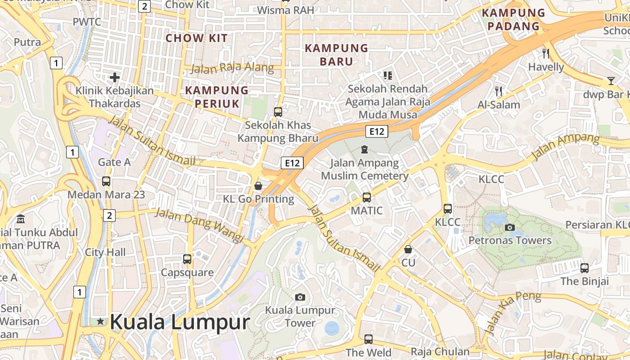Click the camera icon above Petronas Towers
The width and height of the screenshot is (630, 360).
[x=509, y=227]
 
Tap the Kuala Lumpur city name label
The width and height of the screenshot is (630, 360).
[x=180, y=322]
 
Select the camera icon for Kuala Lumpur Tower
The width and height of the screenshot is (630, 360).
[x=300, y=297]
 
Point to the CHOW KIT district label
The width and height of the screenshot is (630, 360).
[x=197, y=38]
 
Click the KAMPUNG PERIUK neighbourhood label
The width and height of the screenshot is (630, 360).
[x=217, y=97]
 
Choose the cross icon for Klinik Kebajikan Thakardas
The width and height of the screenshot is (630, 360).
[x=115, y=77]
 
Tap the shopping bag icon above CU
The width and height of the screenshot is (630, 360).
[x=408, y=249]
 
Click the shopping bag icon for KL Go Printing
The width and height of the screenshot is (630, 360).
[x=258, y=185]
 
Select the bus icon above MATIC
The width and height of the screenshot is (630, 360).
[x=367, y=197]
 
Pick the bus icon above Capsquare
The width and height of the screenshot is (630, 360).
[x=187, y=259]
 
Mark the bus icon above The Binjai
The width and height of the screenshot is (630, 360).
[x=585, y=268]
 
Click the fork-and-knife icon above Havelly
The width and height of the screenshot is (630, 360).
[x=546, y=54]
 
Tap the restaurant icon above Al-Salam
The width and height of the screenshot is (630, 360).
[x=499, y=91]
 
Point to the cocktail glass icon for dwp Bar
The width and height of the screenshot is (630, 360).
[x=611, y=81]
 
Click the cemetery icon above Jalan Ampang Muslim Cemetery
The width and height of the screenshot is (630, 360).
[x=364, y=149]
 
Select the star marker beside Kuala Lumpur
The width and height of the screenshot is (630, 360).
[x=100, y=321]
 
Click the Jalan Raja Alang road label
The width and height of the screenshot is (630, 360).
[x=232, y=68]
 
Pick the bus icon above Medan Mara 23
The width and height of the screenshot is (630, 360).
[x=106, y=181]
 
